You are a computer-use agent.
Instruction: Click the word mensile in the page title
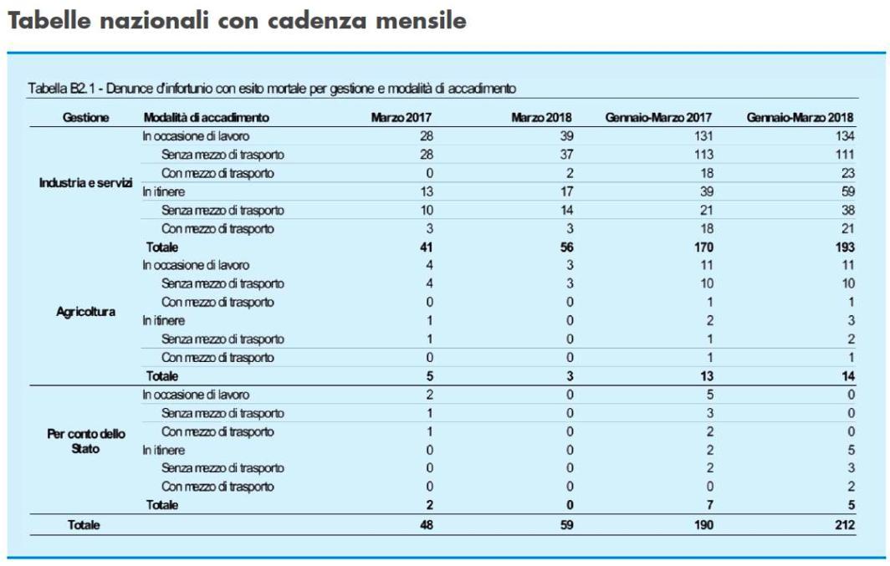(x=421, y=20)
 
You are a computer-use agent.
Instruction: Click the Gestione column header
(x=85, y=117)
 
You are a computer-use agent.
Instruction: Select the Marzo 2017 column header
(x=401, y=117)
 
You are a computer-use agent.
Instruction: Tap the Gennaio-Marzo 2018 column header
(x=800, y=117)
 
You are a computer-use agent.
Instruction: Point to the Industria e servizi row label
(x=85, y=182)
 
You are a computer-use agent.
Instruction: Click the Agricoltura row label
(x=85, y=312)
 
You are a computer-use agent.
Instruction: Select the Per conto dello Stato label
(x=85, y=441)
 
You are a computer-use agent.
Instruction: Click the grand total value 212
(x=845, y=524)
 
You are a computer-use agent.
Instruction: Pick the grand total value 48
(x=427, y=524)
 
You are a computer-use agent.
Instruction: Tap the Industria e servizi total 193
(x=845, y=247)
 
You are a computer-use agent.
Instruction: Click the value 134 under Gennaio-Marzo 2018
(x=845, y=136)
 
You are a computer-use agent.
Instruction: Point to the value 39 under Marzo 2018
(x=566, y=136)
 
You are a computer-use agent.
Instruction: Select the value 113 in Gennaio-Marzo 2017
(x=703, y=155)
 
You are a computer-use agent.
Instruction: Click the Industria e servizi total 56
(x=566, y=247)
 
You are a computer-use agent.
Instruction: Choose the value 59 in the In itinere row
(x=848, y=191)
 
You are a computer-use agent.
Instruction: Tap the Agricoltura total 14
(x=848, y=376)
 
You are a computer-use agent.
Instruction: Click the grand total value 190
(x=703, y=524)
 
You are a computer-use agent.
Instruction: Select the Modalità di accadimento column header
(x=206, y=117)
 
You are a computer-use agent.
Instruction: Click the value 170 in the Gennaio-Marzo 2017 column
(x=703, y=247)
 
